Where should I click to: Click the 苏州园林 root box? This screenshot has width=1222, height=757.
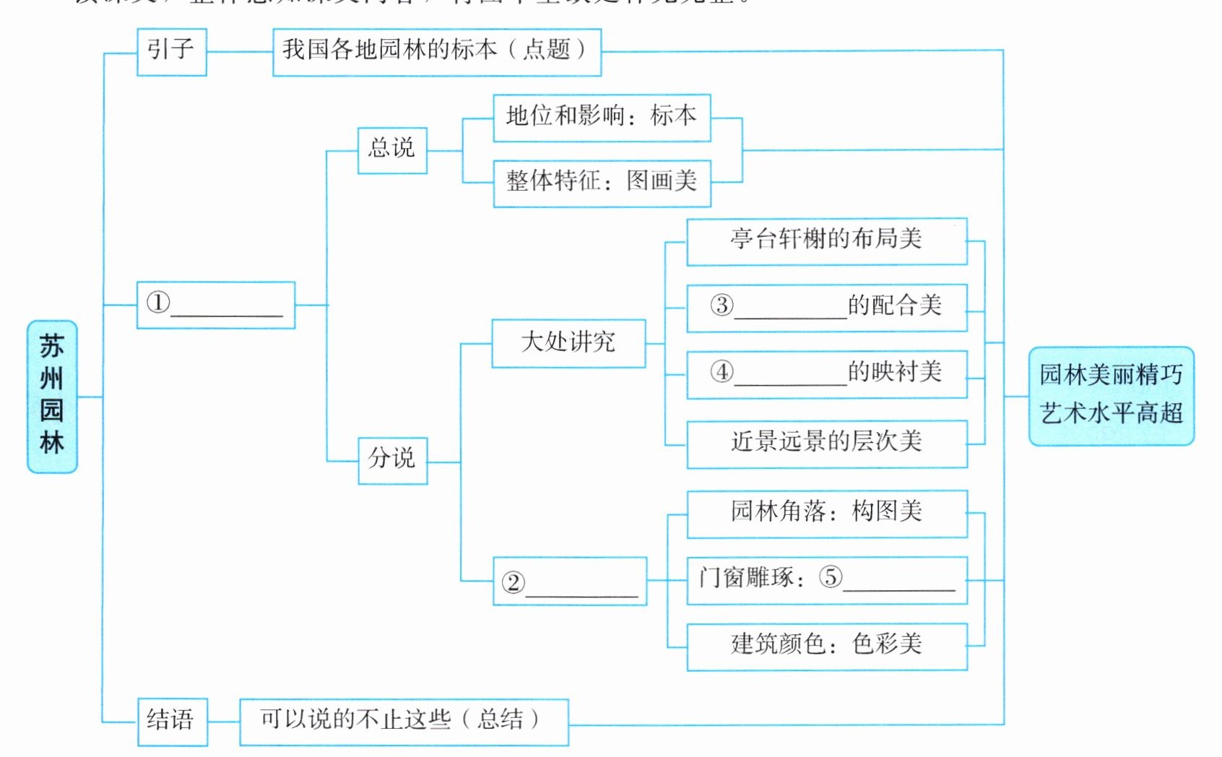[x=52, y=397]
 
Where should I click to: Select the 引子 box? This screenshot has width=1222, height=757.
[x=172, y=52]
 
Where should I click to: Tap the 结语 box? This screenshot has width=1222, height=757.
[x=173, y=722]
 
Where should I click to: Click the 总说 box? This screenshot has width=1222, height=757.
[x=392, y=150]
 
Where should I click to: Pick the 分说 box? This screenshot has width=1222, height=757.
[x=393, y=460]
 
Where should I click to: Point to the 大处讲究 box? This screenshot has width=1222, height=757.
[x=568, y=343]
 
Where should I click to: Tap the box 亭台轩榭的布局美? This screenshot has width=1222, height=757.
[x=826, y=241]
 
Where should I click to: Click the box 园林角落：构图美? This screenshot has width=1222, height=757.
[x=826, y=514]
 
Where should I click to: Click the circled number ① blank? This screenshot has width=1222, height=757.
[x=158, y=303]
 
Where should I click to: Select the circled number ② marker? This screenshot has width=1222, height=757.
[x=513, y=582]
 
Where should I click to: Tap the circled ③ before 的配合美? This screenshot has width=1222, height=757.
[x=721, y=306]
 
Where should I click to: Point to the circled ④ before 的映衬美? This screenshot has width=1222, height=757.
[x=721, y=372]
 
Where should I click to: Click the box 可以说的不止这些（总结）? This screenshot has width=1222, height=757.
[x=403, y=722]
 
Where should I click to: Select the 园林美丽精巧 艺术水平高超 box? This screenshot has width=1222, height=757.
[x=1111, y=396]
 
